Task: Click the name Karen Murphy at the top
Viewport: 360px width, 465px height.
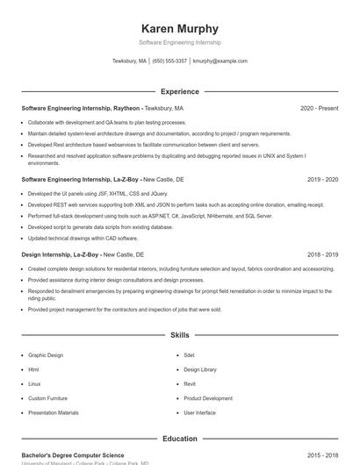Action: click(179, 28)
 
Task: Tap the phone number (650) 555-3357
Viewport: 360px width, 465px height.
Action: click(169, 61)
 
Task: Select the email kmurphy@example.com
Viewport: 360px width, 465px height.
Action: click(220, 61)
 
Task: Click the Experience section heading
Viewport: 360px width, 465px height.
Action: click(179, 91)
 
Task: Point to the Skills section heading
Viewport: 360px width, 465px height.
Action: click(179, 335)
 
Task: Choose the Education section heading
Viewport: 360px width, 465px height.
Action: click(179, 439)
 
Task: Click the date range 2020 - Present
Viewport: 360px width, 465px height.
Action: click(319, 108)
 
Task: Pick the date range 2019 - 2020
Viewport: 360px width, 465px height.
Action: click(322, 179)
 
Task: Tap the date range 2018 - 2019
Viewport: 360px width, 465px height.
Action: click(322, 254)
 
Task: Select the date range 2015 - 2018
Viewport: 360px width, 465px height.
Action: click(322, 456)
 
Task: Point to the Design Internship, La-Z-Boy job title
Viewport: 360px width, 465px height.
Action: click(61, 254)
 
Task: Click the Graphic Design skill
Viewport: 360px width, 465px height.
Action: click(46, 355)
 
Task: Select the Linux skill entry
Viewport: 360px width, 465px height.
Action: click(34, 383)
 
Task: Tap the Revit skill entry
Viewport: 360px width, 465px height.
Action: click(190, 383)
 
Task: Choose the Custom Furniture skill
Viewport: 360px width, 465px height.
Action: click(48, 398)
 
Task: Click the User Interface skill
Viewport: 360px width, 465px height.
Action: click(199, 412)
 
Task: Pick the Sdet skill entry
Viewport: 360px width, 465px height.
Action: click(189, 355)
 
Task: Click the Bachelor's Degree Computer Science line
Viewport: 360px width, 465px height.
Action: click(73, 456)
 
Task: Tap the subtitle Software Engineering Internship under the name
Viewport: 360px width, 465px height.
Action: click(179, 42)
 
